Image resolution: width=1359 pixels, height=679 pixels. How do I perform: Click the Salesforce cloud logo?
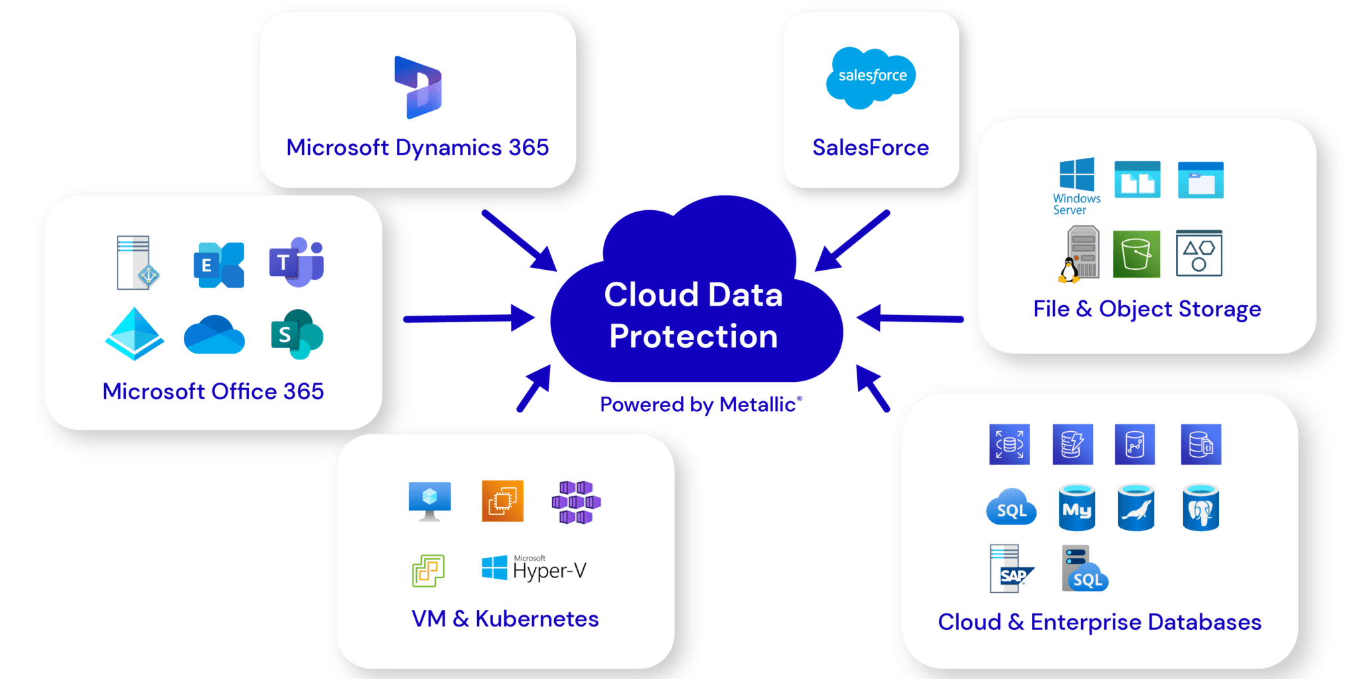(871, 77)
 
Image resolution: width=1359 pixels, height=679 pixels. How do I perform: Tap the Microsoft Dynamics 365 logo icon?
(418, 88)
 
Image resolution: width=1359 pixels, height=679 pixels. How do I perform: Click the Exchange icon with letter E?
(219, 265)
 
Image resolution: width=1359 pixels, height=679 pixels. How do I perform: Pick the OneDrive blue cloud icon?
(214, 335)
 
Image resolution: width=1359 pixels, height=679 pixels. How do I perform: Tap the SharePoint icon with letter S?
(297, 334)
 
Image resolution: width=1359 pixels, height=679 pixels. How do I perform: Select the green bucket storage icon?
(1136, 254)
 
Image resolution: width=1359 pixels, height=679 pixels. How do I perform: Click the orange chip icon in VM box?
(502, 501)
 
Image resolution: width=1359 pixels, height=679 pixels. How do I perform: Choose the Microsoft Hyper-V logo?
(534, 569)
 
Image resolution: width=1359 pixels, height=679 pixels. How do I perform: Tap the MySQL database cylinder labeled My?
(1076, 508)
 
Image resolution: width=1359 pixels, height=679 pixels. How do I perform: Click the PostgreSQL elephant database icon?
(1200, 508)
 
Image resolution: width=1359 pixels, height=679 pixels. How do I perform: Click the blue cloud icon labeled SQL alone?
(1011, 508)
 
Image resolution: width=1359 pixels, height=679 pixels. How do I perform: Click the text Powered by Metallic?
(700, 404)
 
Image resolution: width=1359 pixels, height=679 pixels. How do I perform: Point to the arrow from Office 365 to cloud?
(469, 318)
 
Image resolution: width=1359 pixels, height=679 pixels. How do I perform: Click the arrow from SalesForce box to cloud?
(852, 241)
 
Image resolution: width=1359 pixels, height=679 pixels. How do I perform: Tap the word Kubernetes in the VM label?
(537, 619)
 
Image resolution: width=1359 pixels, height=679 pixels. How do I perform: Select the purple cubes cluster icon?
(575, 502)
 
